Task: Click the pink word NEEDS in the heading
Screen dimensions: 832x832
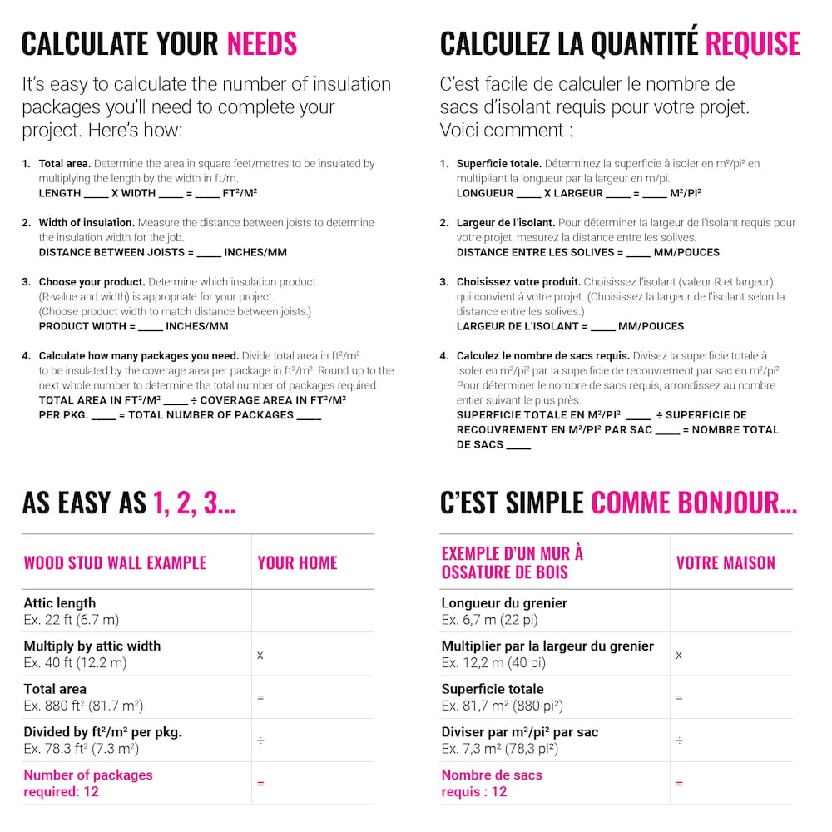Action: (261, 43)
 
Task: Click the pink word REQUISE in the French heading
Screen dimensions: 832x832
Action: (752, 43)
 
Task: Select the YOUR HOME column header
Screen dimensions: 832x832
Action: (297, 562)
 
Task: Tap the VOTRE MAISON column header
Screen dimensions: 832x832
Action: (726, 562)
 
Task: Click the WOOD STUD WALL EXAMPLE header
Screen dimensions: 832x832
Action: (115, 562)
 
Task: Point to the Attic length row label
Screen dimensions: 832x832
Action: (60, 603)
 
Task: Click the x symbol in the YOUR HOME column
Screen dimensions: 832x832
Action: (260, 655)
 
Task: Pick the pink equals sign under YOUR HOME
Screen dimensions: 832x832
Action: (260, 783)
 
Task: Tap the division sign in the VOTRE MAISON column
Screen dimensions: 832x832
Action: (679, 740)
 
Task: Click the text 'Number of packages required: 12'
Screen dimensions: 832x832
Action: (87, 783)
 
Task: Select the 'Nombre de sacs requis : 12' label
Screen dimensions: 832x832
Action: (492, 783)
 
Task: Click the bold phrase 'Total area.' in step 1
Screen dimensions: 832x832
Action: (65, 164)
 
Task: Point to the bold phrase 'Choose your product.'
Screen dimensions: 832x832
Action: (92, 282)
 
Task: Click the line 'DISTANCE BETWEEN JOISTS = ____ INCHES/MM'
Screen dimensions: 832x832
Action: (162, 252)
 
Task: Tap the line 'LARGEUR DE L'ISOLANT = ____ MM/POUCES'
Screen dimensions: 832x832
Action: (570, 326)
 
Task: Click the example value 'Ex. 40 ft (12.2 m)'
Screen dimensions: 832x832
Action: (75, 663)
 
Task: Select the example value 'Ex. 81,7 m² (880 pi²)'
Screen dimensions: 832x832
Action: (502, 706)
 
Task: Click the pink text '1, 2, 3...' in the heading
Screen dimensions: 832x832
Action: (194, 503)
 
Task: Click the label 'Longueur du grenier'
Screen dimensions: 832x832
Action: (504, 603)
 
